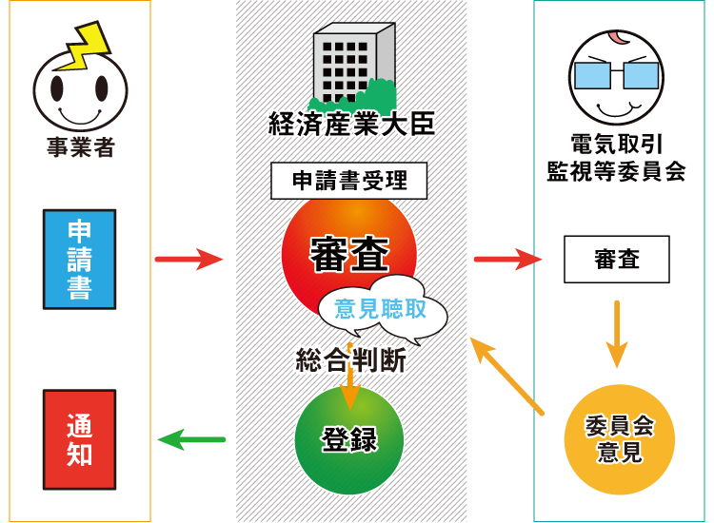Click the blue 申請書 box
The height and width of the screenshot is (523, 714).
click(x=80, y=260)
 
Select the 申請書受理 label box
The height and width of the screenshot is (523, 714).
click(x=348, y=180)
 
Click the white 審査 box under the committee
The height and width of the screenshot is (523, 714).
click(x=616, y=260)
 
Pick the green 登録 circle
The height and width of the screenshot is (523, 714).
click(x=349, y=440)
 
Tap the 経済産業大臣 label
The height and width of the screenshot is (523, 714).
click(x=350, y=124)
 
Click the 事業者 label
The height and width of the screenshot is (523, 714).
click(x=80, y=148)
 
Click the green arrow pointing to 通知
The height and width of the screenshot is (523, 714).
click(x=190, y=438)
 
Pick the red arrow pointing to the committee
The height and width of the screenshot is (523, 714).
click(x=507, y=258)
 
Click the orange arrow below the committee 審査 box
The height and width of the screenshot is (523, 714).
click(x=617, y=334)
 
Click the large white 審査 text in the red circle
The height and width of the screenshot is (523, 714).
click(x=349, y=255)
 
